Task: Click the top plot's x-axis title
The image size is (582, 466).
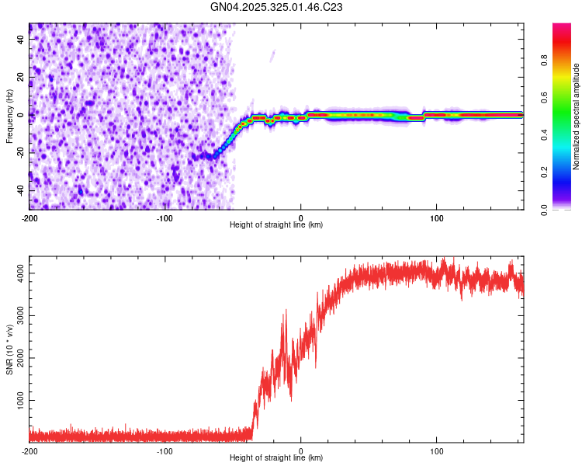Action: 276,224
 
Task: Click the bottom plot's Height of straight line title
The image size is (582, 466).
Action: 276,457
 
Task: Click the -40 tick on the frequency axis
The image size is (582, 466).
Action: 20,191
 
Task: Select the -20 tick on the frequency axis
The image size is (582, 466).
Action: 20,153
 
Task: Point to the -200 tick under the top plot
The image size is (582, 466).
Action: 29,217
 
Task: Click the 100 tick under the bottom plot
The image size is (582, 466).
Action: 436,450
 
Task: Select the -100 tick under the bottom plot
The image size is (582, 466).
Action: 165,450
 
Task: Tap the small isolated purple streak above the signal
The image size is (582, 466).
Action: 272,55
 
